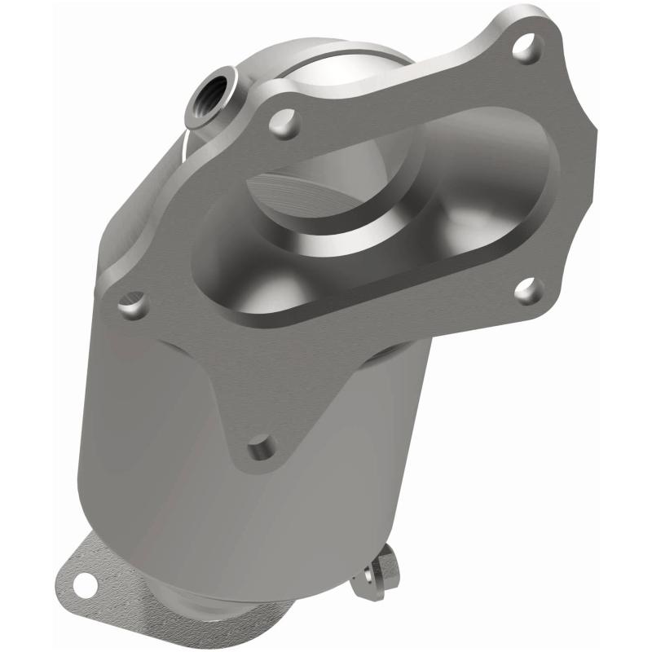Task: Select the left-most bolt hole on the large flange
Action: click(132, 306)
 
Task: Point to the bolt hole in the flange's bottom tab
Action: click(261, 447)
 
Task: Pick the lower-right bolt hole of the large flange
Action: click(528, 290)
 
